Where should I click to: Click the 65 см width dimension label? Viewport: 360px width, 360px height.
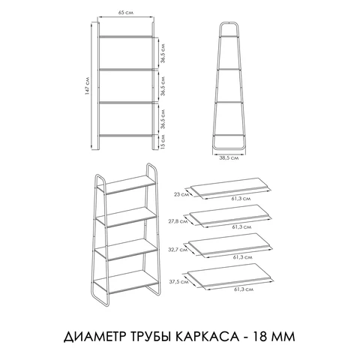[x=126, y=13]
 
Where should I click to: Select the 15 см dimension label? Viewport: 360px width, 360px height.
[x=163, y=140]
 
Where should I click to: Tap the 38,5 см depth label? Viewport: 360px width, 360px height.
[x=229, y=159]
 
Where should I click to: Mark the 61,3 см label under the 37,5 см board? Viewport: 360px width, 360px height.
[x=241, y=289]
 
